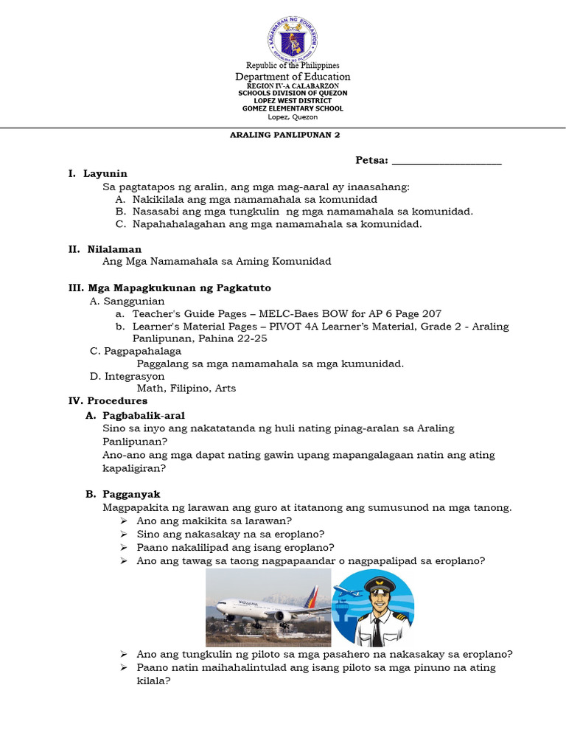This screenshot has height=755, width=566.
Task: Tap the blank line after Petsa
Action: (x=447, y=161)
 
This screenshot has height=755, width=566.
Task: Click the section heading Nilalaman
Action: (x=114, y=249)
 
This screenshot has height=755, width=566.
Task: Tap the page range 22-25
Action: (x=249, y=338)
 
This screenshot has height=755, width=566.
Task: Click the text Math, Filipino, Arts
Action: (x=186, y=388)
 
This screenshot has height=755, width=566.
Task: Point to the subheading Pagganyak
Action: (x=132, y=494)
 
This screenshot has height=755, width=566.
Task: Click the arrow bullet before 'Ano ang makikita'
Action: (x=124, y=521)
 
